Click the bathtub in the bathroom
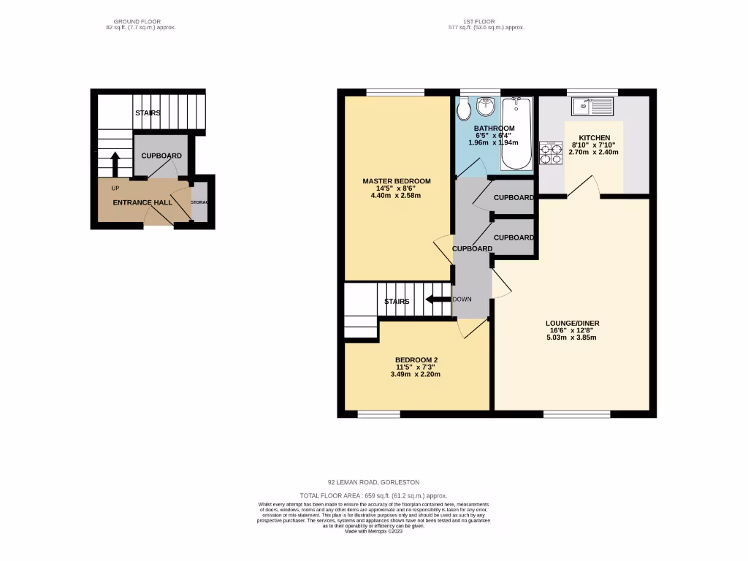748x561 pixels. pos(519,135)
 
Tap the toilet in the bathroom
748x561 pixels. pos(463,111)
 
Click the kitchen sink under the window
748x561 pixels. pos(592,107)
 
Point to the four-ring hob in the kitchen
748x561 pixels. pos(550,153)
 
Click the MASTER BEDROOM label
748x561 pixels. pos(397,181)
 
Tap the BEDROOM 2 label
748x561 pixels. pos(416,360)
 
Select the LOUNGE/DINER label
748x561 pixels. pos(573,323)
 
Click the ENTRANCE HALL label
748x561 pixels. pos(142,202)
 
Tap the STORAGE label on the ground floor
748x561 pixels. pos(199,202)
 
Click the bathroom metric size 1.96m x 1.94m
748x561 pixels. pos(494,143)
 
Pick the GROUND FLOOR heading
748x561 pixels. pos(140,22)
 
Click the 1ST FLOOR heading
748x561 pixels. pos(486,22)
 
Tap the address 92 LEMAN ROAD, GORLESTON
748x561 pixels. pos(373,483)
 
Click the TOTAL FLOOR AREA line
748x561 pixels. pos(373,496)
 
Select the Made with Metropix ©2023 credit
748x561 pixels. pos(373,531)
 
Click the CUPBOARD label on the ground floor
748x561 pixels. pos(161,156)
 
